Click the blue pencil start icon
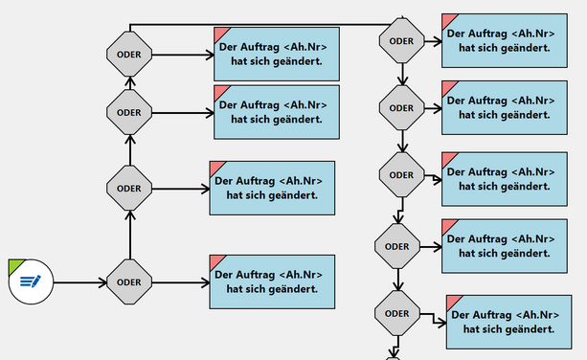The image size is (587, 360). coord(32,281)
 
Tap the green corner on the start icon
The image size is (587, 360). coord(14,265)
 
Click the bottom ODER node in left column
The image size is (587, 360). coord(128,281)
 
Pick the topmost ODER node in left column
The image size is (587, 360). coord(128,55)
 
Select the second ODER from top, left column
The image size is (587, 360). coord(128,112)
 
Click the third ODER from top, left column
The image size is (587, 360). coord(128,189)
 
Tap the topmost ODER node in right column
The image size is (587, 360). coord(401,40)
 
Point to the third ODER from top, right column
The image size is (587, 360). coord(401,174)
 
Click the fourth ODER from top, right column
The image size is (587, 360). coord(396,246)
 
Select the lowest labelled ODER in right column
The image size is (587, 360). coord(396,313)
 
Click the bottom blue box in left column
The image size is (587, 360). coord(273,281)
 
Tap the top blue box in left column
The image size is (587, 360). coord(276,55)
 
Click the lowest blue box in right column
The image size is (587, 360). coord(515,322)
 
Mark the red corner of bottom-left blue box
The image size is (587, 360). coord(217,260)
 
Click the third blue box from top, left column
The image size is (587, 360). coord(273,189)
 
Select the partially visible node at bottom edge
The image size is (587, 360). coord(393,356)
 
